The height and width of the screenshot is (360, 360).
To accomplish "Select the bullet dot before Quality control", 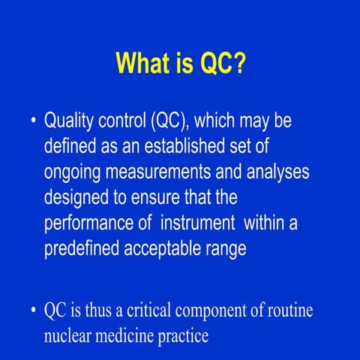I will [34, 121].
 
